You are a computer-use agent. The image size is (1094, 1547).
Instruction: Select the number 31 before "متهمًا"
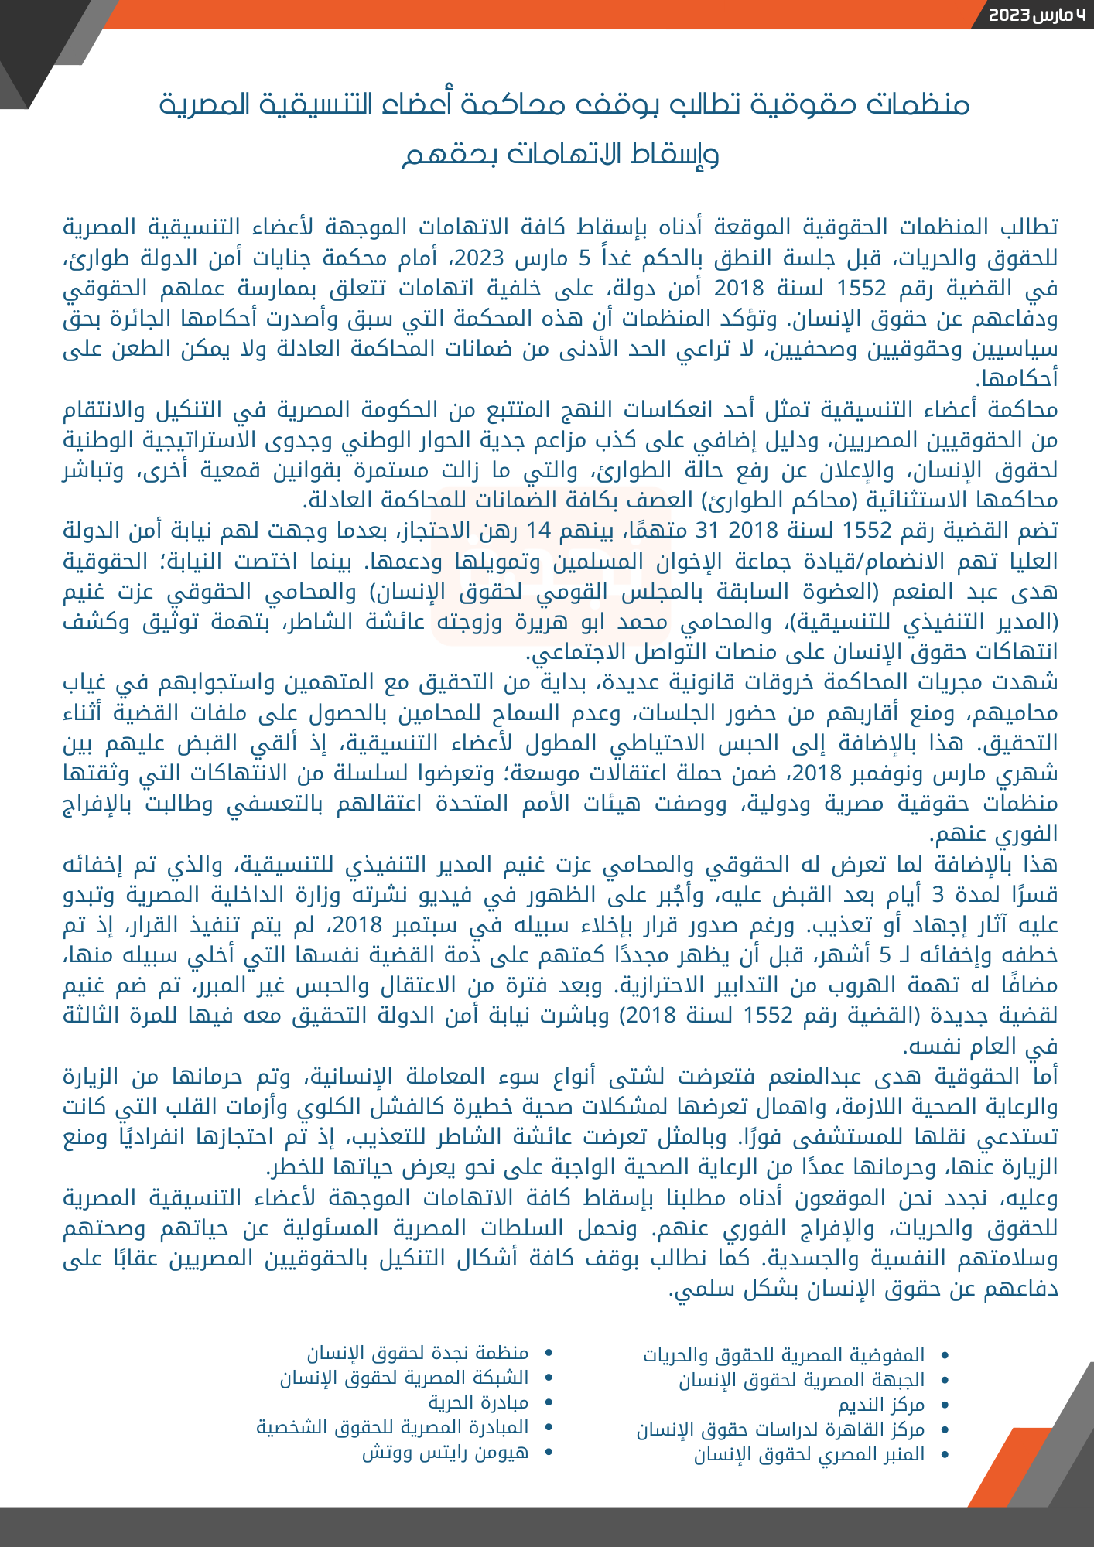tap(707, 531)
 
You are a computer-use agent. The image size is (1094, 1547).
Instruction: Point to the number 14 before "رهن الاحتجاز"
tap(538, 531)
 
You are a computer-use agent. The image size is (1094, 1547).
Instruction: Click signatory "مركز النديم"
tap(881, 1405)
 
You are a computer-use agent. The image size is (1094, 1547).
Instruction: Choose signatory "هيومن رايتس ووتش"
tap(446, 1453)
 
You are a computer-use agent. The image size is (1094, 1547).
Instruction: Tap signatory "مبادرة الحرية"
tap(479, 1403)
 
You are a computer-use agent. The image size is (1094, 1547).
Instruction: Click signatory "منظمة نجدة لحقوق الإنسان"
tap(419, 1354)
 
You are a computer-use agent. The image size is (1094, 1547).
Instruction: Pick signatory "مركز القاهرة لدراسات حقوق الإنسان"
tap(781, 1429)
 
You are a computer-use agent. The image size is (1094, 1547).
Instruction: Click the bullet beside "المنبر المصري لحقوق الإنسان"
tap(944, 1455)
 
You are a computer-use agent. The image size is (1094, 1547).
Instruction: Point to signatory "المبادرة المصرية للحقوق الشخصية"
tap(393, 1428)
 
